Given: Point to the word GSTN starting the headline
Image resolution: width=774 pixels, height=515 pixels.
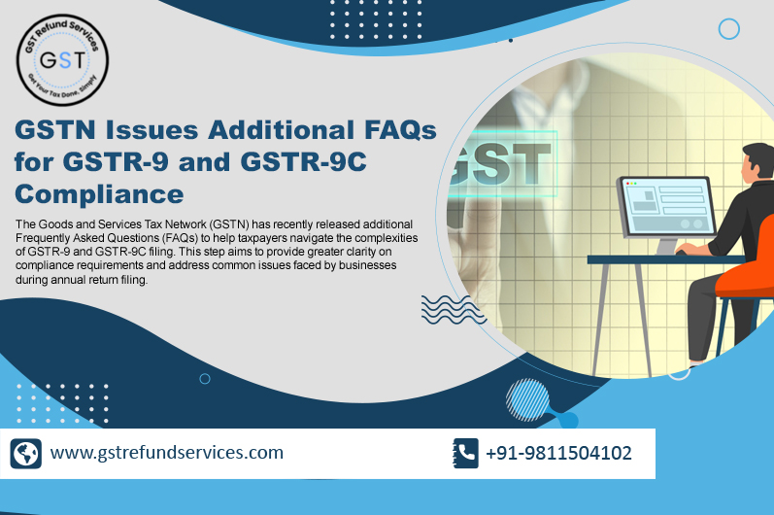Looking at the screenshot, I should (x=60, y=128).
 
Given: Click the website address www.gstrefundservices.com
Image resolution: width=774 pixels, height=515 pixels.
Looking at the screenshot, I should (x=167, y=452).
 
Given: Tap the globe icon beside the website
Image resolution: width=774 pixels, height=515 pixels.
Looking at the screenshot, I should (x=26, y=454).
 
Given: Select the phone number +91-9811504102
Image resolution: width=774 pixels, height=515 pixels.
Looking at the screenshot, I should (x=558, y=452).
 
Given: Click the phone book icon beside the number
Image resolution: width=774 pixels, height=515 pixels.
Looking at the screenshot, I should (x=466, y=453).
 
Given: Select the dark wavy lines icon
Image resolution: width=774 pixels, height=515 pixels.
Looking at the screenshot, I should (x=446, y=308).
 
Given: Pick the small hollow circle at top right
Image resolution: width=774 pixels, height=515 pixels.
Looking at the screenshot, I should (x=729, y=29).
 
